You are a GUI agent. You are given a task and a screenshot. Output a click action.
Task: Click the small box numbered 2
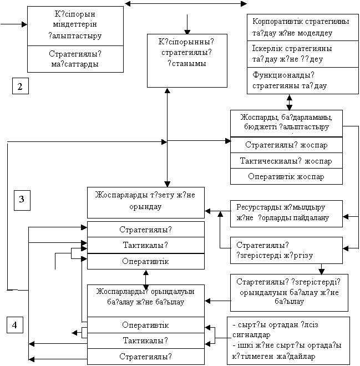tap(20, 87)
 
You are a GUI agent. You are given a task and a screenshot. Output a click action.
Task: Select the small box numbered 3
tap(22, 200)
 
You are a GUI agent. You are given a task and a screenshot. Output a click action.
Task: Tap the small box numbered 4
tap(16, 324)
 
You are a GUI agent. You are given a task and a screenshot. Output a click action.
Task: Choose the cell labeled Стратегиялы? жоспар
tap(286, 145)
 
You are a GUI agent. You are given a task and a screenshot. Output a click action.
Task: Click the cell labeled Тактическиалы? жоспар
tap(286, 161)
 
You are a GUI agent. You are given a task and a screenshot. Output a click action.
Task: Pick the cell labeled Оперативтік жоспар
tap(286, 176)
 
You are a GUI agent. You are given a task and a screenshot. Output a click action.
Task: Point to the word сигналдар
tap(253, 335)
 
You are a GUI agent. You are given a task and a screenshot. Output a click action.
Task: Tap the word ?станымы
tap(187, 64)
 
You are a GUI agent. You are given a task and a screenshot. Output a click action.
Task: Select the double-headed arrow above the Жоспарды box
tap(289, 102)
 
